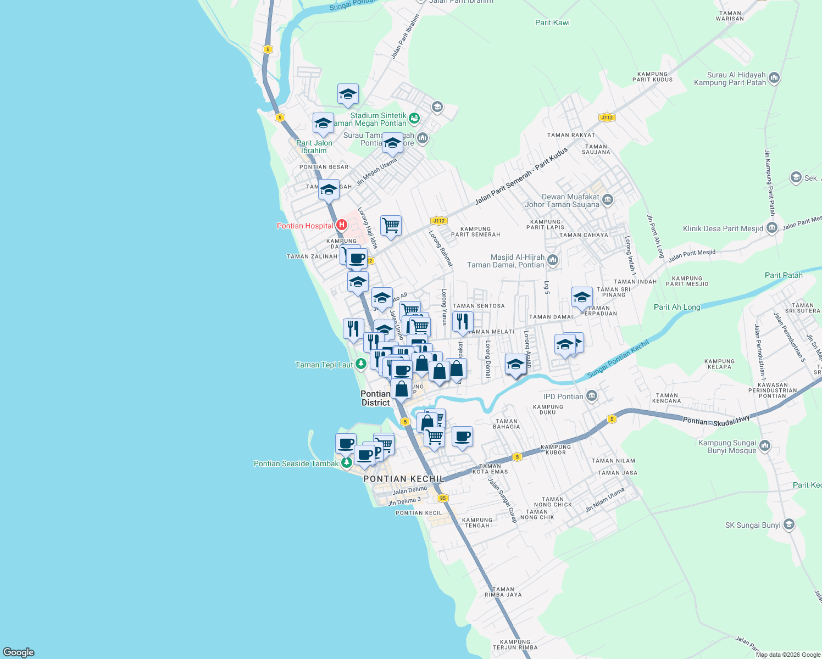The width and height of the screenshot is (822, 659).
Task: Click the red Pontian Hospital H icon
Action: [341, 225]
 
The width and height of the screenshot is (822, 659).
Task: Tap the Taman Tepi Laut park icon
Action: [360, 364]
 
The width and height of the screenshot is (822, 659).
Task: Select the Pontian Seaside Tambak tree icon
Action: [347, 463]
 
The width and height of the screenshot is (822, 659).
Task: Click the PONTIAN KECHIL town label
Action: [403, 479]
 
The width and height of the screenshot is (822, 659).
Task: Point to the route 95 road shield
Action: [443, 498]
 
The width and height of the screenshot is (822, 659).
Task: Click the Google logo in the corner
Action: [18, 652]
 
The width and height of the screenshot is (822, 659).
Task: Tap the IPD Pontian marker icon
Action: [591, 395]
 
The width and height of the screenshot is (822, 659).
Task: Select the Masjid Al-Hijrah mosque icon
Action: [553, 260]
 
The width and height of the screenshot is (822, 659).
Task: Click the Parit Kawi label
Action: [552, 23]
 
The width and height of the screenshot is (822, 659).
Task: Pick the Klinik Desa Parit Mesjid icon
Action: [771, 228]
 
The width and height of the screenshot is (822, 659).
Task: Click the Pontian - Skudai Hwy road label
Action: [716, 421]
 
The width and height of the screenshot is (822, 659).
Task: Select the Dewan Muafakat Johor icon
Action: [607, 200]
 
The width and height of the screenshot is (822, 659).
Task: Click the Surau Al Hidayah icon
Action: [774, 78]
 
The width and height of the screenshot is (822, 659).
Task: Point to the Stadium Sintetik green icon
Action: [414, 117]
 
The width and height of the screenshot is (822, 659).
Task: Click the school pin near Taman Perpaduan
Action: [582, 298]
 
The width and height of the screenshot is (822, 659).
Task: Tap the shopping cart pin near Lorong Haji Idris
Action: [391, 225]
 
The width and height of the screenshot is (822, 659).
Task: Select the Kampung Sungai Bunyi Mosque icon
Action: [765, 446]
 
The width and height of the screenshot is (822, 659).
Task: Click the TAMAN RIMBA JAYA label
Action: [503, 591]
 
